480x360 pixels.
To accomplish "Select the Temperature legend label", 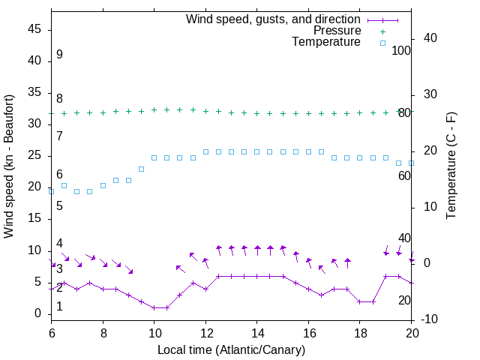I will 326,42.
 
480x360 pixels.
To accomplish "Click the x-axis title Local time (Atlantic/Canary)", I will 232,349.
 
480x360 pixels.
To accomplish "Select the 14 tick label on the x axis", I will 257,333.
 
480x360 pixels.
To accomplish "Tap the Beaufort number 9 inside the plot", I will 59,55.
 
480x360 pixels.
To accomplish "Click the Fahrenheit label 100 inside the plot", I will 401,50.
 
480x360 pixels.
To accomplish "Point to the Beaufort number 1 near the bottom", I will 59,306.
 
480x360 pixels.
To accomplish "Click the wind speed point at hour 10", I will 154,307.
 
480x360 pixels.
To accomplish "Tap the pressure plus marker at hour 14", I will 257,113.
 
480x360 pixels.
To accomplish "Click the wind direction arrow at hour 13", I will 232,250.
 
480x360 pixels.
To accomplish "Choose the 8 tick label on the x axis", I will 103,333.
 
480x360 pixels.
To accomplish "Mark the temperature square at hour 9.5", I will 142,169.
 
